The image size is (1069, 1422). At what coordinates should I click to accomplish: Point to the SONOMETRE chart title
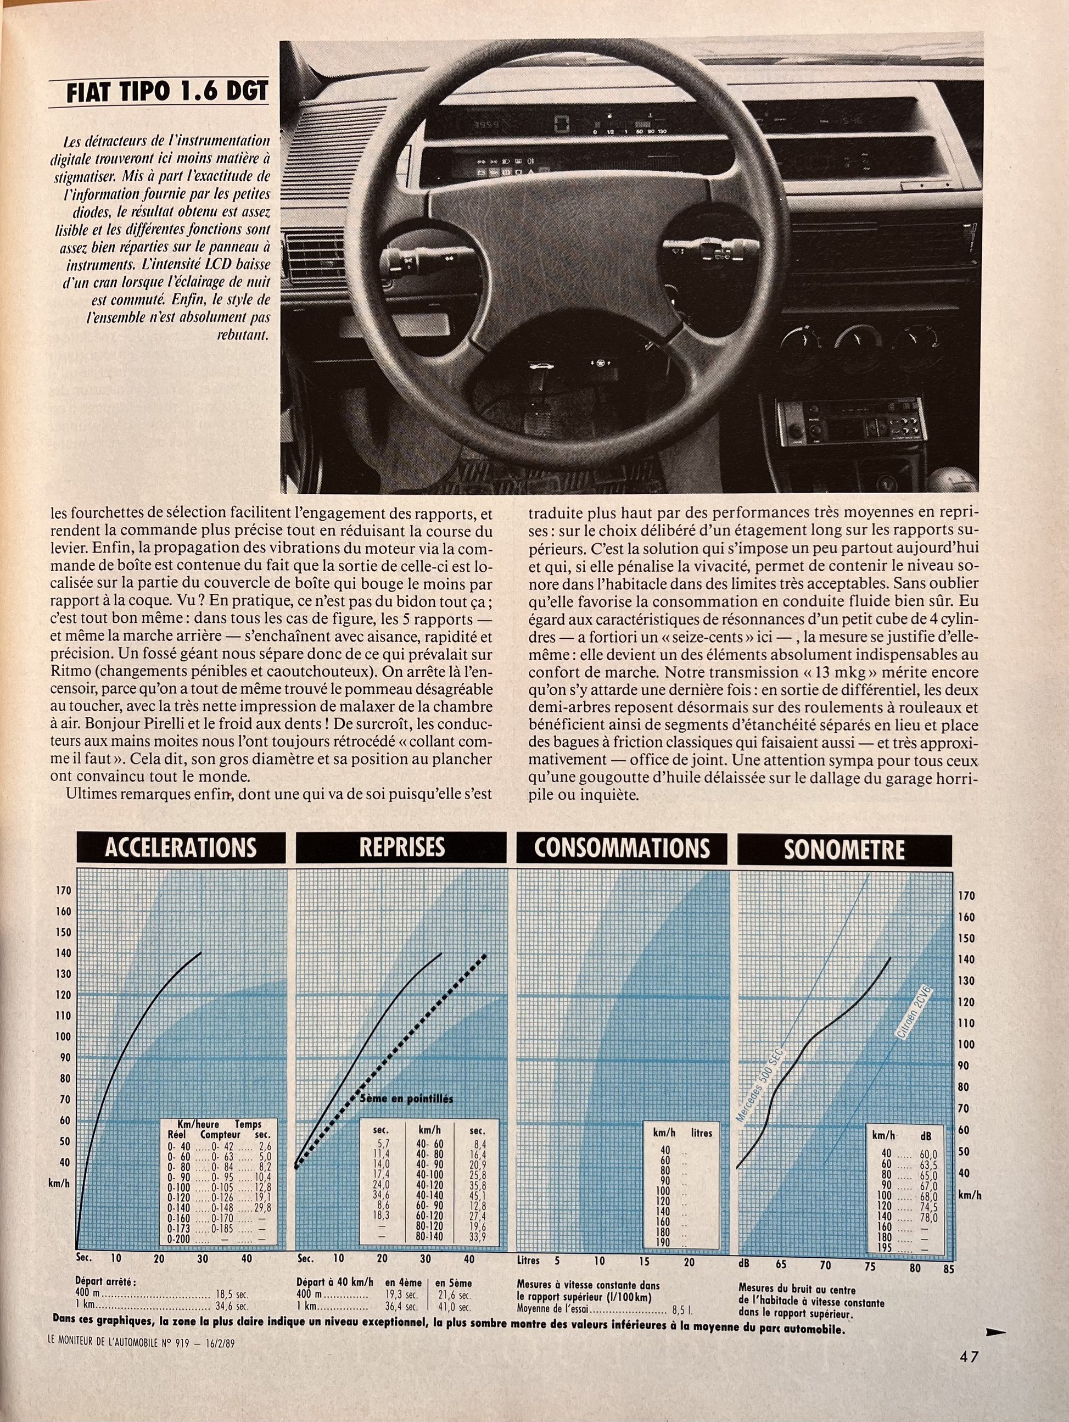pos(843,849)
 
